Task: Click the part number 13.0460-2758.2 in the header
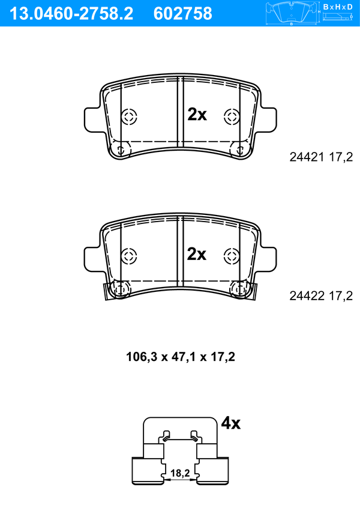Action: click(x=71, y=14)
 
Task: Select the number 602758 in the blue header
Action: click(x=183, y=14)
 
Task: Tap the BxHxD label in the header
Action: click(x=338, y=7)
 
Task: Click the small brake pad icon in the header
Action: click(x=292, y=13)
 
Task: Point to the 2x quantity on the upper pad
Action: click(x=197, y=114)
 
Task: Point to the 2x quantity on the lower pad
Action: click(x=197, y=254)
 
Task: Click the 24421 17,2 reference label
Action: click(x=321, y=157)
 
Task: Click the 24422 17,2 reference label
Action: click(x=321, y=295)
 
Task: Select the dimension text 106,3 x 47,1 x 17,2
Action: click(x=181, y=357)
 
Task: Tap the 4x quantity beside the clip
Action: click(x=230, y=423)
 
